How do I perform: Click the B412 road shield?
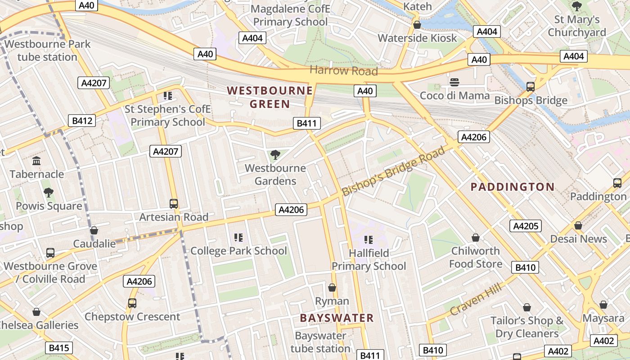point(82,121)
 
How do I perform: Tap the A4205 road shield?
point(526,226)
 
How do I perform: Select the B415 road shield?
point(58,347)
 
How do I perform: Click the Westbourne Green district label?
point(270,97)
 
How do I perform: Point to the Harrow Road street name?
point(344,71)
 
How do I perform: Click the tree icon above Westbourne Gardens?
point(275,155)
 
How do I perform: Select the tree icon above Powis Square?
point(49,193)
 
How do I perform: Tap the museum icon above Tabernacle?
point(36,161)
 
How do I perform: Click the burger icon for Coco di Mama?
point(454,82)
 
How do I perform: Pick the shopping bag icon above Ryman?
point(332,288)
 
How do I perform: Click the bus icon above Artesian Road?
point(174,203)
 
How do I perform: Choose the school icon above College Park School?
point(238,237)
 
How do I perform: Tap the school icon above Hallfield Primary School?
point(369,239)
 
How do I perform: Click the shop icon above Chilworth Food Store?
point(476,237)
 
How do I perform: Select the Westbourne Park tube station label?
point(47,50)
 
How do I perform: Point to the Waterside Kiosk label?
point(417,38)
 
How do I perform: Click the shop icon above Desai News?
point(578,225)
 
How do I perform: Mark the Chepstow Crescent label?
point(132,316)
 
